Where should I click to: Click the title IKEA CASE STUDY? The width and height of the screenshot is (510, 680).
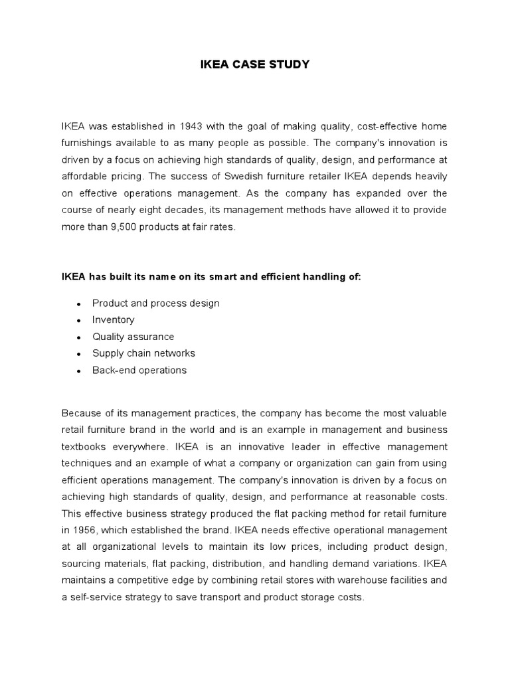pos(255,64)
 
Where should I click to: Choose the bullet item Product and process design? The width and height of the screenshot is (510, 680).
pos(155,303)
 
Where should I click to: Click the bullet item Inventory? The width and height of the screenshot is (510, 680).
pos(113,319)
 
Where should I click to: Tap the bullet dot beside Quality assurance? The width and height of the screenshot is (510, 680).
pos(78,337)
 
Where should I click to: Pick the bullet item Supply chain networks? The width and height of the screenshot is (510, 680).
pos(143,353)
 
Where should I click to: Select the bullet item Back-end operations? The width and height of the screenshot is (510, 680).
pos(139,370)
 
